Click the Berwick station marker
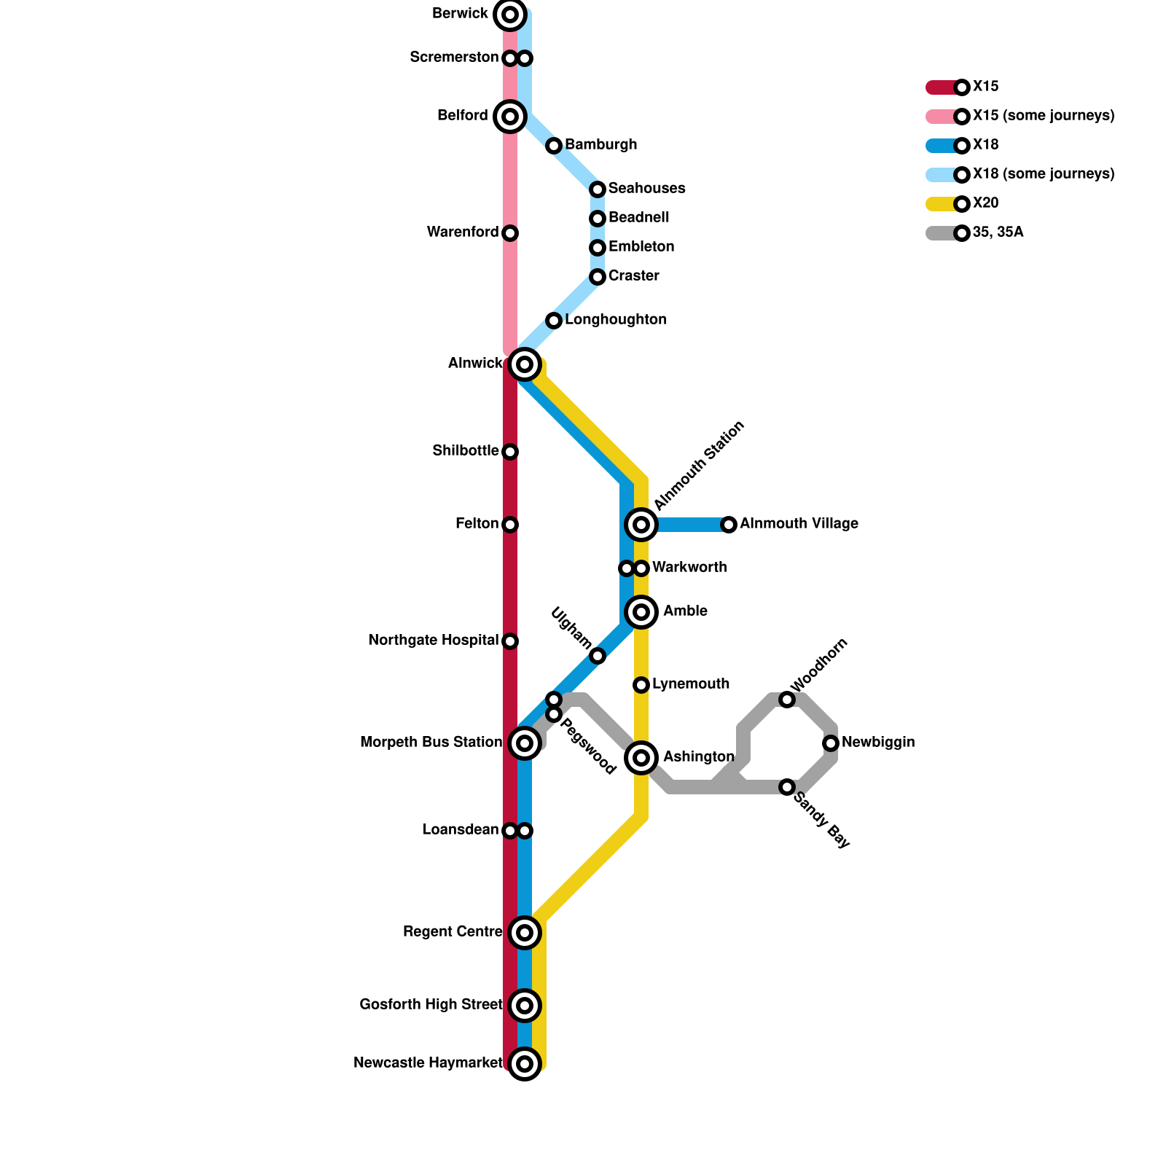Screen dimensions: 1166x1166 coord(510,15)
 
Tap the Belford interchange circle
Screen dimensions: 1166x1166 coord(510,117)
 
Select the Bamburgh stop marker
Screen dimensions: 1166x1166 coord(554,146)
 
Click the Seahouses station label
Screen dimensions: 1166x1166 coord(646,189)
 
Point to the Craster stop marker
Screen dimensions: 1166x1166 coord(598,277)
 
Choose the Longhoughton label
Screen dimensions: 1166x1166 coord(615,320)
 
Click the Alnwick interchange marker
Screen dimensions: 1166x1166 coord(525,364)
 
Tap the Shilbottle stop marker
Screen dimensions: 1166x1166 coord(510,452)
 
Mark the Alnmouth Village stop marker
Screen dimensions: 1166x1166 coord(729,525)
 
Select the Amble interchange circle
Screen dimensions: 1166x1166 coord(641,612)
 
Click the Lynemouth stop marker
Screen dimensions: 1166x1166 coord(641,685)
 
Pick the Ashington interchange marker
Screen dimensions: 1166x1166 coord(641,758)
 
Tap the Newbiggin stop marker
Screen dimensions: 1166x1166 coord(831,743)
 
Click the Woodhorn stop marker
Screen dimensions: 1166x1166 coord(787,700)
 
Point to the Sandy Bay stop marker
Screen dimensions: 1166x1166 coord(787,787)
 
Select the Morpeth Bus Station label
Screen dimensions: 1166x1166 coord(431,743)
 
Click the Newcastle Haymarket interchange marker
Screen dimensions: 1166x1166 coord(525,1064)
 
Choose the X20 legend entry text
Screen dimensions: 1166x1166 coord(985,203)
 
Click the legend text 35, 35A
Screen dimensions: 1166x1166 coord(998,233)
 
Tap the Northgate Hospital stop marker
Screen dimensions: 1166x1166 coord(510,641)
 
